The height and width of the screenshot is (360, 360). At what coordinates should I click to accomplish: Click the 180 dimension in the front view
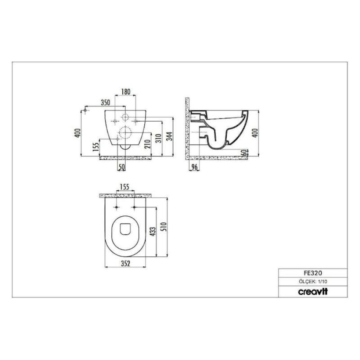click(126, 92)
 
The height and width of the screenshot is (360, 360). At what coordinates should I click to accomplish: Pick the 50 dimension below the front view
click(122, 167)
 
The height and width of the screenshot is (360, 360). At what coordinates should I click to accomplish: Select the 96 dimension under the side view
click(195, 167)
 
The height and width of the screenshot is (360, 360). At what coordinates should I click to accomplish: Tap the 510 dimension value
click(163, 227)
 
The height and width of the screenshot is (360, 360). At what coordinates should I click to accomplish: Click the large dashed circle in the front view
click(125, 132)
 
